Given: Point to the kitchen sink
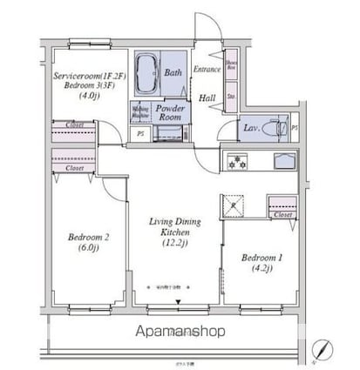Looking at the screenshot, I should (x=284, y=162).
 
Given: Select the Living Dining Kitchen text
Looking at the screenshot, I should (x=173, y=229).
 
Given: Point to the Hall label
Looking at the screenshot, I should (x=207, y=98).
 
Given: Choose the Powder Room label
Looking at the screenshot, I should (x=168, y=111).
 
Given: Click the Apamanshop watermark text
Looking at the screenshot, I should (x=180, y=331).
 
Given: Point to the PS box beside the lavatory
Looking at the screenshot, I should (x=294, y=129).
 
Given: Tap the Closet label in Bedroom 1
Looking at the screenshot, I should (x=282, y=213).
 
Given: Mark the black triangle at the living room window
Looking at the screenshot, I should (x=178, y=302).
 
